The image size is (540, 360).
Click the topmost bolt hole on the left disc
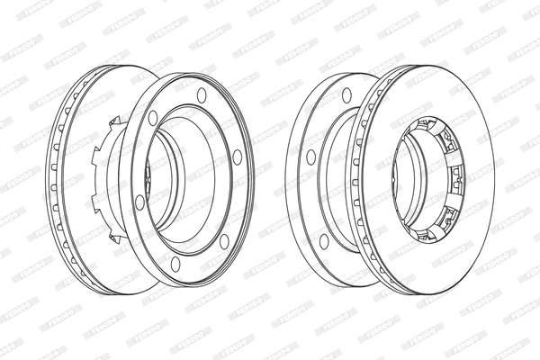point(202,94)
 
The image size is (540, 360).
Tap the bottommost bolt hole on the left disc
point(175,264)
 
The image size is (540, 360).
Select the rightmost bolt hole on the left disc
point(238,157)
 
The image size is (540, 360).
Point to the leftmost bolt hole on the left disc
point(139,202)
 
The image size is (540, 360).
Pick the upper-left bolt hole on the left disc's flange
point(153,117)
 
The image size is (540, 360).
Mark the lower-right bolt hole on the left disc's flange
point(224,240)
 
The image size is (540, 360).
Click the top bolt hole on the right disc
point(346,94)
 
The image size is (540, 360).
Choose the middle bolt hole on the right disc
point(310,157)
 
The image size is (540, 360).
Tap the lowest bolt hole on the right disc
point(324,240)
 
